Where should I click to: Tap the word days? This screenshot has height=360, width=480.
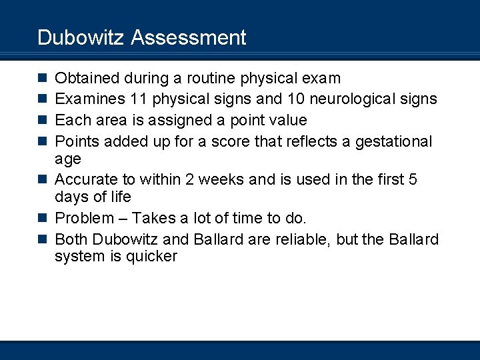coord(71,197)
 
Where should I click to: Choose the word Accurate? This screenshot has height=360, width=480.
coord(85,180)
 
